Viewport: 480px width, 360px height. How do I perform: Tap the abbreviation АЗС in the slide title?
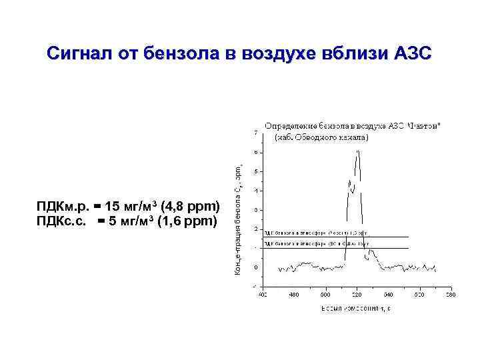(411, 53)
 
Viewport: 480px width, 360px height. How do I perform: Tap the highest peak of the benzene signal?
(358, 151)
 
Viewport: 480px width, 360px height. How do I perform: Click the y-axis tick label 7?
(257, 133)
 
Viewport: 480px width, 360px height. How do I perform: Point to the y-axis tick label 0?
(257, 267)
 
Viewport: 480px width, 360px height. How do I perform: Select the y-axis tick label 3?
(257, 210)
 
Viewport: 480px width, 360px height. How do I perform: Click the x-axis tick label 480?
(294, 294)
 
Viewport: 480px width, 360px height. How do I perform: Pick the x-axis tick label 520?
(357, 294)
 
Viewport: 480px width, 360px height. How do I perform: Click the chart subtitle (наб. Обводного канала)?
(321, 138)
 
